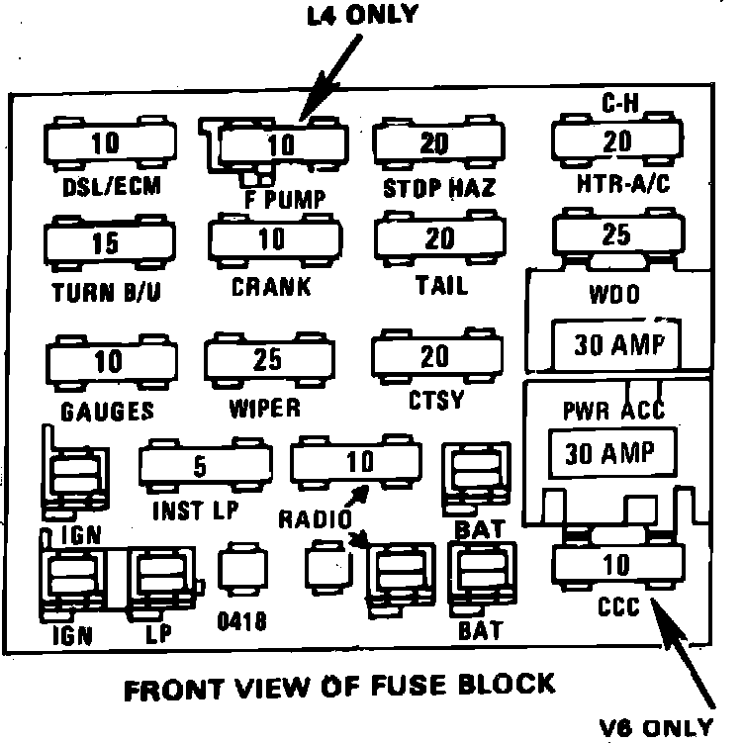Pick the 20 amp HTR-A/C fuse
[x=616, y=141]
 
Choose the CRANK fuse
[x=270, y=238]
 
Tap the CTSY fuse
[x=433, y=357]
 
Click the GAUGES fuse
[x=109, y=361]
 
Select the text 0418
[x=242, y=622]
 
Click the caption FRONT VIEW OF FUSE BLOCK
[x=339, y=685]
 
